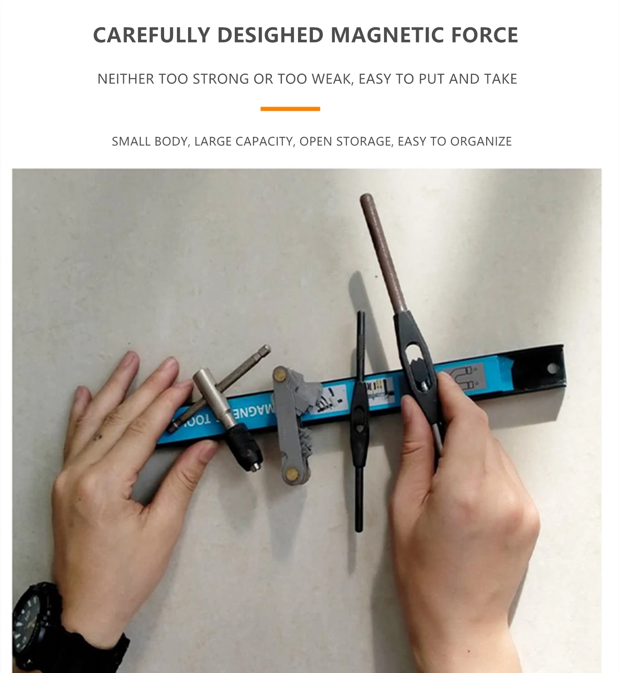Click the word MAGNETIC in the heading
[x=387, y=35]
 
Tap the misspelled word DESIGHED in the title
[x=270, y=35]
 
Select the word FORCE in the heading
[x=484, y=35]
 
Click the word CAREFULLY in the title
[x=152, y=35]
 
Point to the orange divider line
[x=290, y=109]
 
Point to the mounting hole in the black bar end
[x=551, y=367]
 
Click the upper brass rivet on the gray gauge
[x=281, y=376]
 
